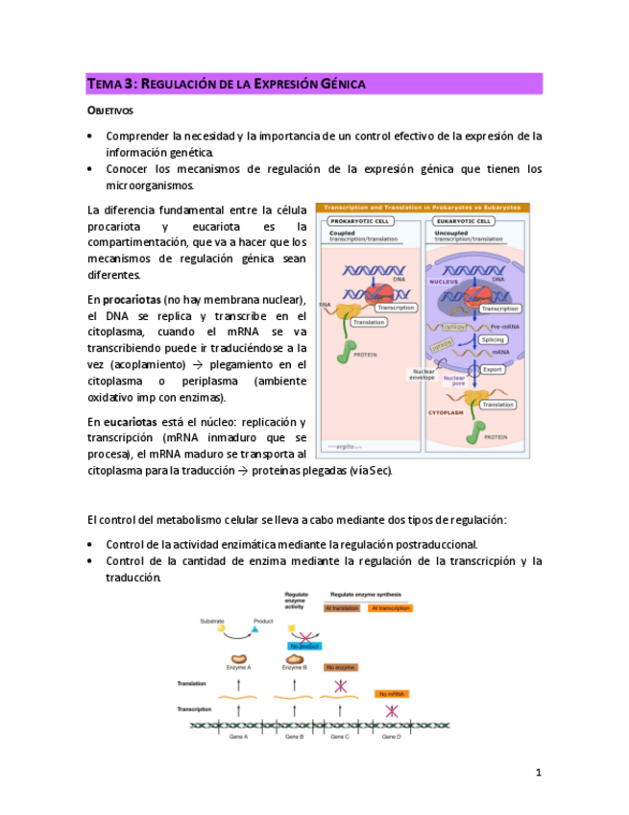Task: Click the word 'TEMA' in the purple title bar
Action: tap(103, 85)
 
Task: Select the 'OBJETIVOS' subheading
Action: tap(110, 111)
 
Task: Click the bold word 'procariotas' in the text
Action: tap(133, 301)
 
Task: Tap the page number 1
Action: tap(539, 772)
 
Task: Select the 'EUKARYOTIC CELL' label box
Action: tap(464, 220)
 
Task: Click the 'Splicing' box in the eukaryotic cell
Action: tap(493, 340)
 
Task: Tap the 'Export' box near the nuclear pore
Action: tap(492, 368)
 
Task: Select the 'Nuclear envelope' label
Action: tap(423, 376)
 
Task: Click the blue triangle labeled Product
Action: tap(256, 630)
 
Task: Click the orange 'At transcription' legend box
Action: tap(390, 608)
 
